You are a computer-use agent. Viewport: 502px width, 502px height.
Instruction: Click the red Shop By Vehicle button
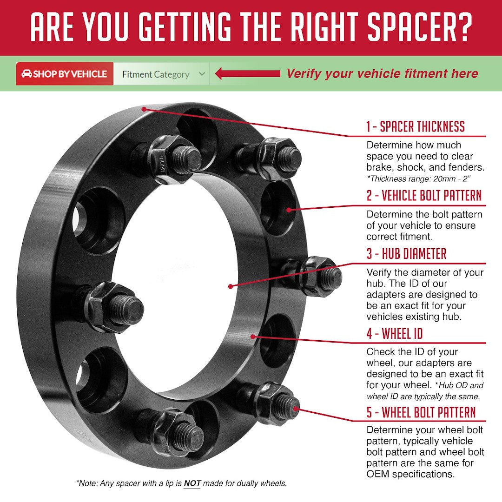coord(65,74)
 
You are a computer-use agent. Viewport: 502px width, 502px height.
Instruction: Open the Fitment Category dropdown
coord(161,74)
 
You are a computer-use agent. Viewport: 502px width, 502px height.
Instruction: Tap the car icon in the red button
coord(26,74)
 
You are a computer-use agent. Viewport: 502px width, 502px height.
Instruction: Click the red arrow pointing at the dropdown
coord(247,73)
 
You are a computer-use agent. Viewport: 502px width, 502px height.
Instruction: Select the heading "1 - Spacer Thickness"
coord(416,126)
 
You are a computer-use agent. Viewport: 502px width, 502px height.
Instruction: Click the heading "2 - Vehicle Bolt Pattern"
coord(424,195)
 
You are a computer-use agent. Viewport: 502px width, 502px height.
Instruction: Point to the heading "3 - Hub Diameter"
coord(406,254)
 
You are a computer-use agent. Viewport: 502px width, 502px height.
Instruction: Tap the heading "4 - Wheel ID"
coord(395,334)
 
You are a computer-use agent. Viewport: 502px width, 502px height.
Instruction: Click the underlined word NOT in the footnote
coord(192,483)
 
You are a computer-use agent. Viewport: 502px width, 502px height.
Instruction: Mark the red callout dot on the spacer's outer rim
coord(144,109)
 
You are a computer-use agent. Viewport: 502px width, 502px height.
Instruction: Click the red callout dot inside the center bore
coord(230,286)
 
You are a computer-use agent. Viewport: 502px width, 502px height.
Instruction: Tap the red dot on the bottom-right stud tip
coord(296,409)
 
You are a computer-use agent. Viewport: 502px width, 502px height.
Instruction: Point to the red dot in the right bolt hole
coord(289,210)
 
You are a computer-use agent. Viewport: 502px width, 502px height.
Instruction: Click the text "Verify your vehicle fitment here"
coord(382,73)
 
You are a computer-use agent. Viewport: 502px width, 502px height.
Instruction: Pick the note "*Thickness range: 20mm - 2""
coord(419,178)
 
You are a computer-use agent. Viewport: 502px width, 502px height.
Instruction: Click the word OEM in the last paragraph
coord(378,474)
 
